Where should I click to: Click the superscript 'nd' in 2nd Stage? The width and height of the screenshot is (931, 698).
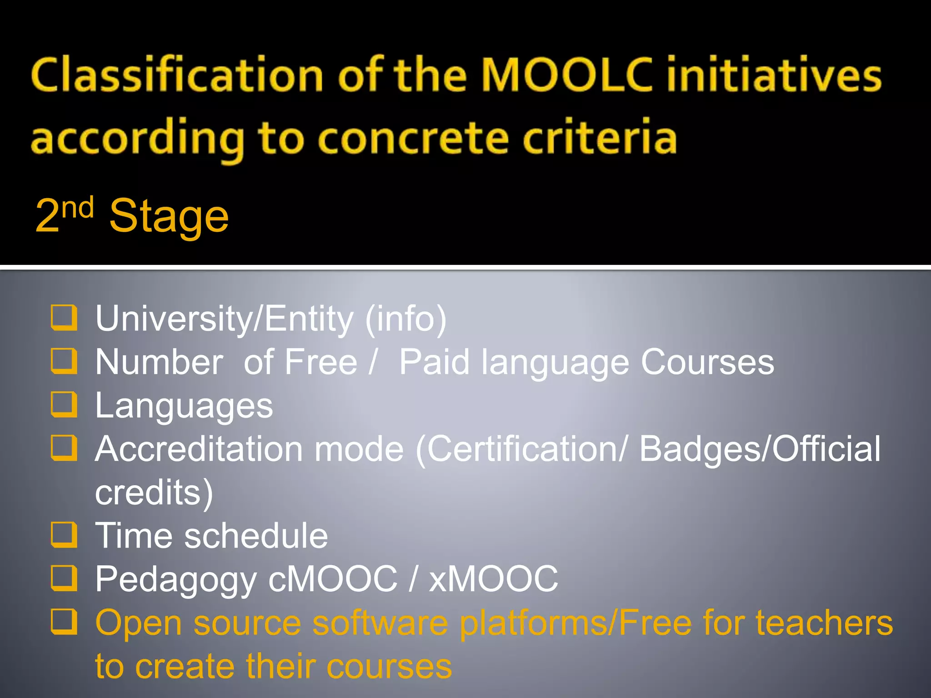[78, 208]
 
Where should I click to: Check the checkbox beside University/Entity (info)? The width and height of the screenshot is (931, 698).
[64, 317]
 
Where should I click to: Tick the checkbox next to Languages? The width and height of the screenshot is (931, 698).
[64, 404]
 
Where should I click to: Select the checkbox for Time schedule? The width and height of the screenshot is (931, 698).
[64, 534]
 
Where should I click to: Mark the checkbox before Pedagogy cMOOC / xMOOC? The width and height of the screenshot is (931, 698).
[64, 578]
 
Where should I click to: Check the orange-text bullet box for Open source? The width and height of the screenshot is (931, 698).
[64, 621]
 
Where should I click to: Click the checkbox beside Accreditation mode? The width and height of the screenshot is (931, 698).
[64, 448]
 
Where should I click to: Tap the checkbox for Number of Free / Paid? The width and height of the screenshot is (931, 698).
[64, 361]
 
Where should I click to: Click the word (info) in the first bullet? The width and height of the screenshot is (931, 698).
[406, 319]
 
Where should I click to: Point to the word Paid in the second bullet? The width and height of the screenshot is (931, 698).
[434, 362]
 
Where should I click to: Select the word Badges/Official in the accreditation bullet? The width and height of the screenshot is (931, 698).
[760, 449]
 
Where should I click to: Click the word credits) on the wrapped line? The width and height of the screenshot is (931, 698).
[154, 493]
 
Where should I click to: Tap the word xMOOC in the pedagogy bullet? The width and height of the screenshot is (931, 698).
[494, 579]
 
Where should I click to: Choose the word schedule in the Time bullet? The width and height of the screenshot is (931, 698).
[256, 536]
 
